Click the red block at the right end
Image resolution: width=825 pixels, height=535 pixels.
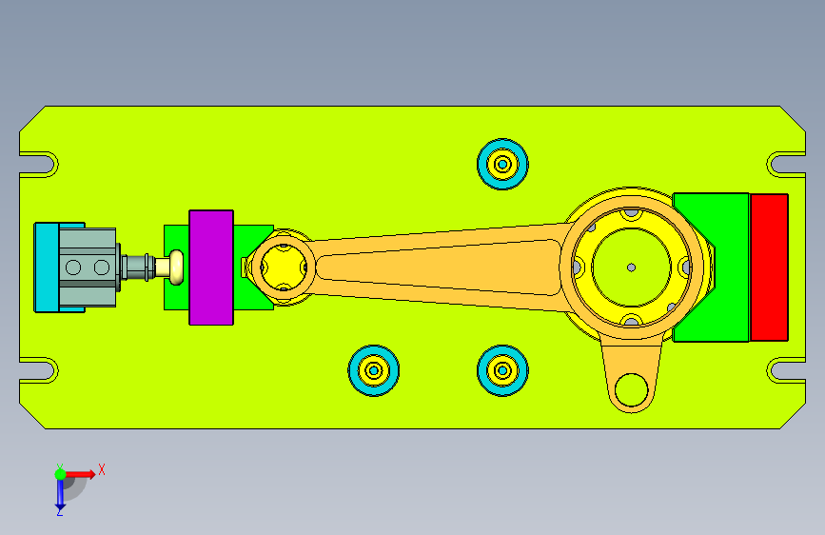click(769, 267)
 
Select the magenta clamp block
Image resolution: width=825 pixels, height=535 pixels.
click(211, 267)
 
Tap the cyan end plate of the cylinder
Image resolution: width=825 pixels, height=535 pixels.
click(47, 267)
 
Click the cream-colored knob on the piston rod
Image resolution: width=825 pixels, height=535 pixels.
click(176, 267)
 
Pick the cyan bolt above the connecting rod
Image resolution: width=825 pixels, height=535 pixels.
click(502, 165)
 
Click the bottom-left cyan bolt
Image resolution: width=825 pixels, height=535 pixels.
click(374, 370)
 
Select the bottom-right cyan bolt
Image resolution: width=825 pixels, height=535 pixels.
click(502, 370)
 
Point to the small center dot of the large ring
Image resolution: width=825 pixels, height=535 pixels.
click(632, 267)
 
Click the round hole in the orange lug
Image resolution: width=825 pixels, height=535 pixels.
click(632, 390)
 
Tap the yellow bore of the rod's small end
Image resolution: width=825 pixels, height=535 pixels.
click(283, 267)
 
